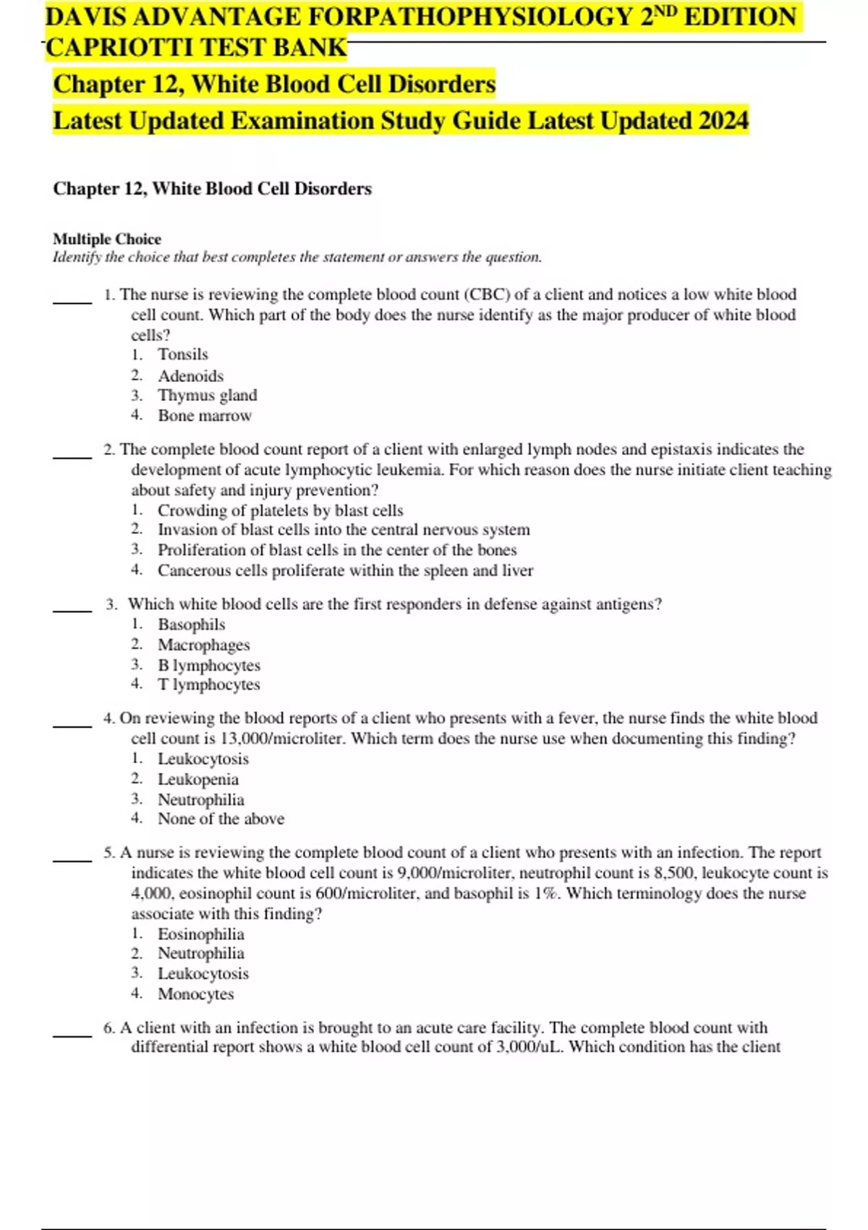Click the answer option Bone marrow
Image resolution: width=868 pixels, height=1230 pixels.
tap(205, 416)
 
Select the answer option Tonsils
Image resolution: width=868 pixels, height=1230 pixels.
tap(183, 355)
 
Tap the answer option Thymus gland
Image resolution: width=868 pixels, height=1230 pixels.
tap(208, 396)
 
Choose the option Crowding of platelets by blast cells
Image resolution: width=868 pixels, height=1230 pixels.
tap(281, 511)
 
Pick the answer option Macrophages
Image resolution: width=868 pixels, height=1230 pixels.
tap(204, 645)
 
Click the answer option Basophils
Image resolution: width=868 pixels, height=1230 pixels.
tap(192, 624)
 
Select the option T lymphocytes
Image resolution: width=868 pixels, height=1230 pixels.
tap(209, 684)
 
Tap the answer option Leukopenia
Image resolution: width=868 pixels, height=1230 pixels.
tap(198, 779)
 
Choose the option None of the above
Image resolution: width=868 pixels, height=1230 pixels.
tap(221, 819)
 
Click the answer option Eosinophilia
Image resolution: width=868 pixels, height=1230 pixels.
tap(201, 934)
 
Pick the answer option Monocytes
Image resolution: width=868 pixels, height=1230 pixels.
tap(196, 994)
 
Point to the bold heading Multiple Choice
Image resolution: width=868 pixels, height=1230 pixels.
tap(107, 239)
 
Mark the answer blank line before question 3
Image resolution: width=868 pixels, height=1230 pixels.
tap(72, 611)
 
